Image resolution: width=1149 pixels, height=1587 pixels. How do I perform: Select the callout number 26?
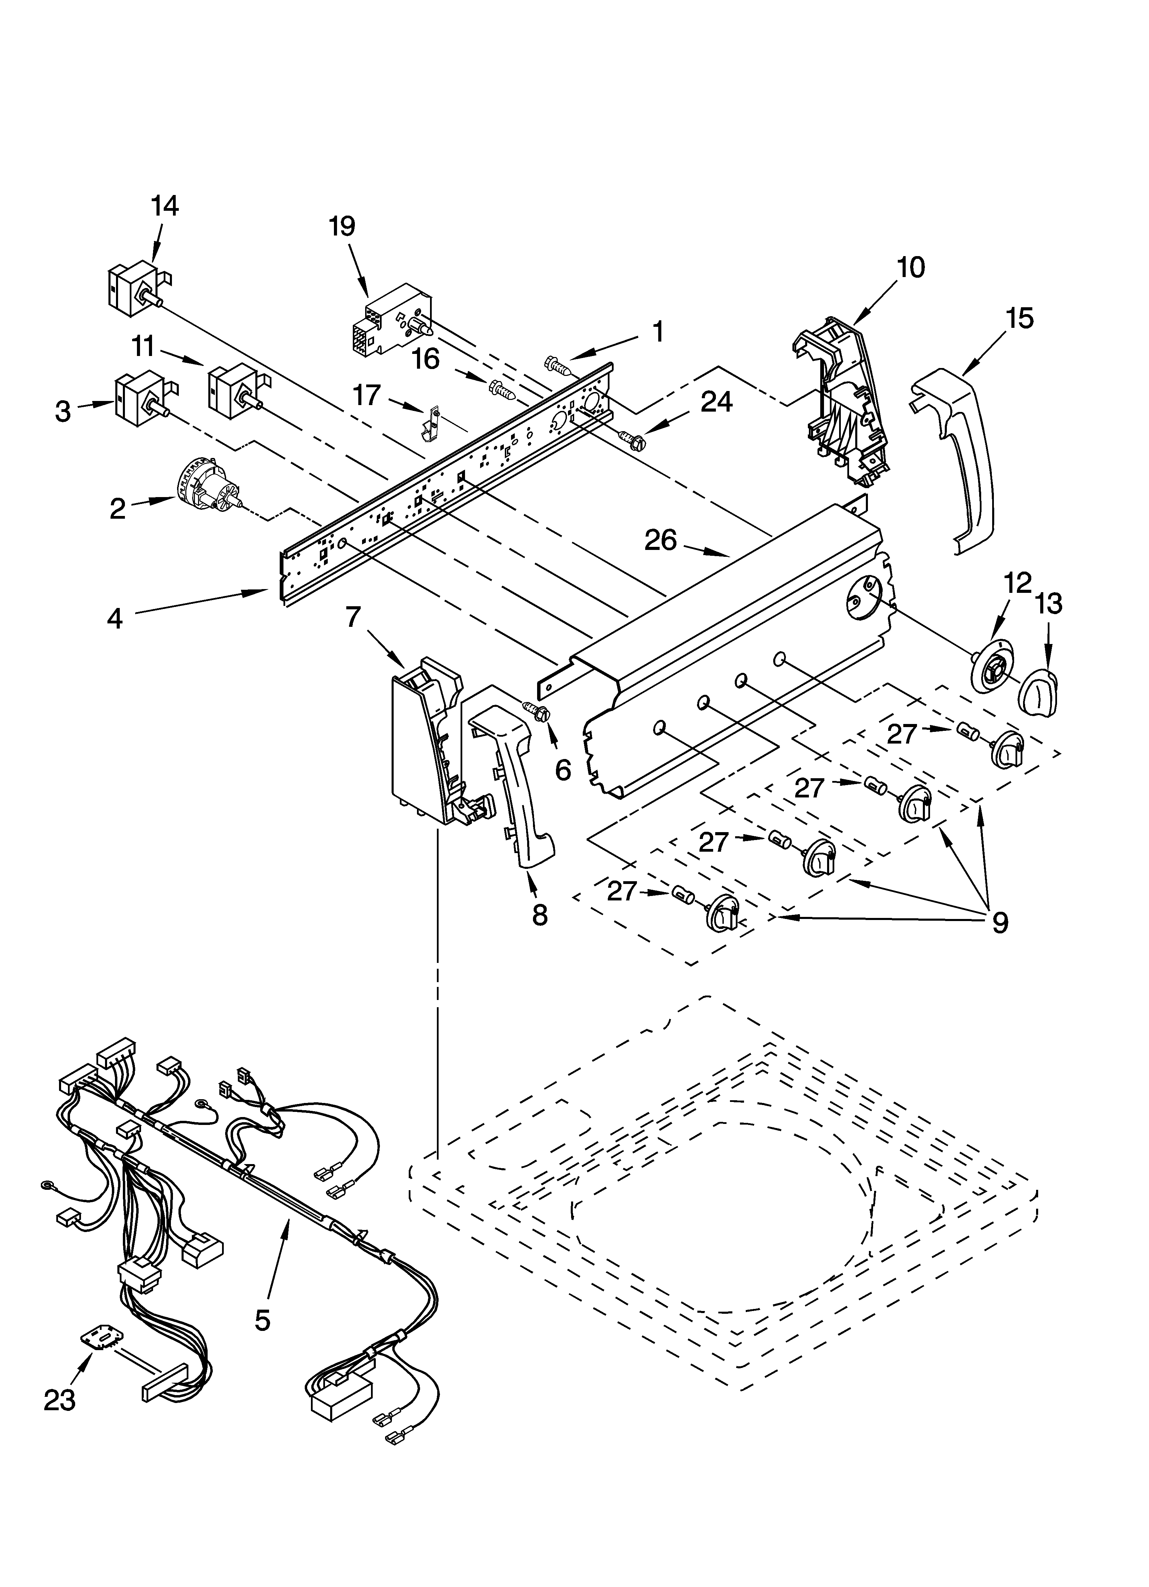[x=661, y=540]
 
